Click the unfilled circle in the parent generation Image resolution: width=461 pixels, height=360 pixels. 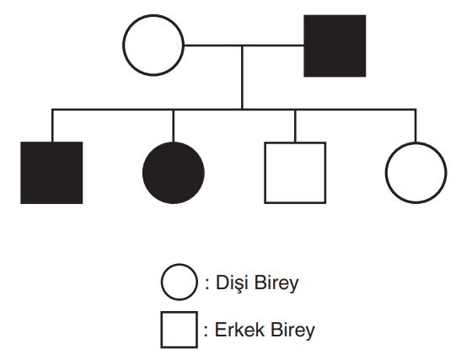(x=124, y=46)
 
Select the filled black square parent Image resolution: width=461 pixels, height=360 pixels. (x=335, y=46)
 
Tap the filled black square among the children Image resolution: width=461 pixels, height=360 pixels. (x=51, y=173)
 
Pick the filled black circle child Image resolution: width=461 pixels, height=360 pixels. (x=174, y=173)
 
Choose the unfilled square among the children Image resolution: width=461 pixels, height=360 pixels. (x=265, y=173)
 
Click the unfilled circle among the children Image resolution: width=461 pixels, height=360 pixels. (x=386, y=173)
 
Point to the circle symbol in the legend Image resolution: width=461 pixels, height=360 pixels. (x=162, y=282)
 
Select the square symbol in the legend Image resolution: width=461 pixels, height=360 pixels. (x=162, y=330)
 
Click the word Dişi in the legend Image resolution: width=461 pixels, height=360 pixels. (x=233, y=283)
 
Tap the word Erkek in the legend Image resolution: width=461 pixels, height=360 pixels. (x=239, y=330)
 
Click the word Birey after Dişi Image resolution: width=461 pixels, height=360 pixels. (x=276, y=283)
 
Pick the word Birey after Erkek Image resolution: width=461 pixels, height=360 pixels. (x=292, y=330)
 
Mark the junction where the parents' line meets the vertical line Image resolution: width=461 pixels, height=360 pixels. (x=242, y=46)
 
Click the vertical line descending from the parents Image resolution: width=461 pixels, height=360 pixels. (x=242, y=78)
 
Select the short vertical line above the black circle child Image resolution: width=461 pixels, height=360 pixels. (x=174, y=126)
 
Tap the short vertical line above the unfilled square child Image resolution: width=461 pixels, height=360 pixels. (x=295, y=126)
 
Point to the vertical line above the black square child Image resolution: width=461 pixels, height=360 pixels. (x=52, y=126)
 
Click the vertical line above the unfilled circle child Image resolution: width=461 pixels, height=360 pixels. (x=415, y=126)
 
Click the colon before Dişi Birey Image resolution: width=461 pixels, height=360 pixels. (x=207, y=284)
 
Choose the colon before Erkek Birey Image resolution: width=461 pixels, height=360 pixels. (x=206, y=331)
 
